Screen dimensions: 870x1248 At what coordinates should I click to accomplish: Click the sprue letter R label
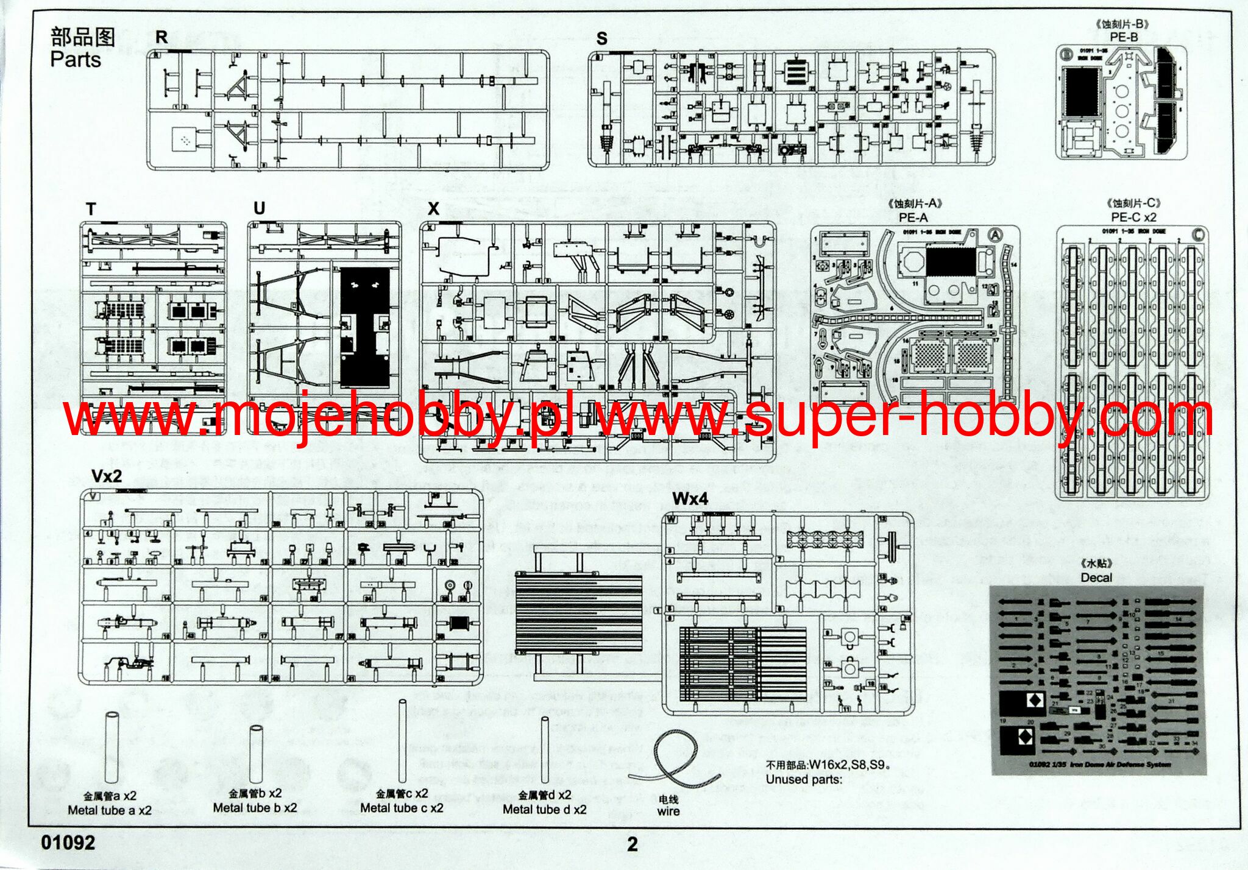161,37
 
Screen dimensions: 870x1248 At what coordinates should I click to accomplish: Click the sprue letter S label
601,38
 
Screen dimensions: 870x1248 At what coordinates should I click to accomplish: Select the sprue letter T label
91,209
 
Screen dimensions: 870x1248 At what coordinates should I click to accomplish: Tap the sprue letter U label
259,208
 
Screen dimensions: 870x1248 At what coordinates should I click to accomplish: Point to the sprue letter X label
433,208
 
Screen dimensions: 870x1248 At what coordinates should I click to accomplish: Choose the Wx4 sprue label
690,499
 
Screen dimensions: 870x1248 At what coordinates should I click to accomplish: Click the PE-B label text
1123,37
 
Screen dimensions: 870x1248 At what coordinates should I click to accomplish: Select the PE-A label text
913,217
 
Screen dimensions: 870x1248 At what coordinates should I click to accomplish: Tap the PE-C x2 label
1133,217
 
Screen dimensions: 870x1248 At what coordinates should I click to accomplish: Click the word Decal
1096,577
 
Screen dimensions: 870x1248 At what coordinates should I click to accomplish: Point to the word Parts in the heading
76,60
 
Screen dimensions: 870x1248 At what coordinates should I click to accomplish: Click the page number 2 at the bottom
633,844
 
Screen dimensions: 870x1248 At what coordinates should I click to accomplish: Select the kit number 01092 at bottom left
68,843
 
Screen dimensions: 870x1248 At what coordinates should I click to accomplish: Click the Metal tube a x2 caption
110,810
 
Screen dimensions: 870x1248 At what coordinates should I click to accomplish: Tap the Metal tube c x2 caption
402,808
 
